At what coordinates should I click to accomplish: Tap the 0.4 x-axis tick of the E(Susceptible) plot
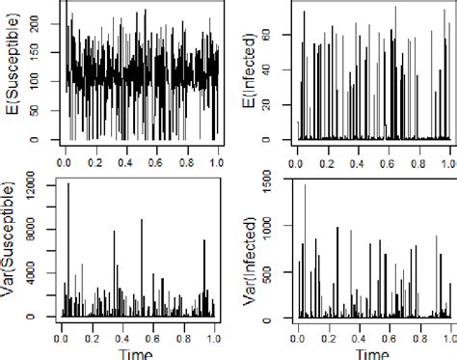126,152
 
